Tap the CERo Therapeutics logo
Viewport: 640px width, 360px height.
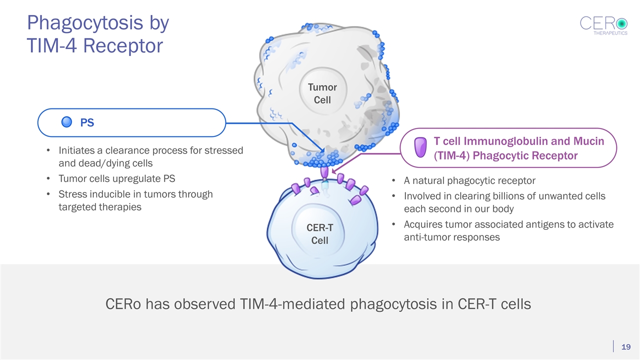(x=603, y=25)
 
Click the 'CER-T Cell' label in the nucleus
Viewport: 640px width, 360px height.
(x=320, y=234)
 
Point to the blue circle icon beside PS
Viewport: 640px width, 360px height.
(x=68, y=122)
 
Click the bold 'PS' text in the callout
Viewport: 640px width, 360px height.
(x=87, y=122)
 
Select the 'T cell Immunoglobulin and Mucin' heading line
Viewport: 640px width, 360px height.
(x=518, y=141)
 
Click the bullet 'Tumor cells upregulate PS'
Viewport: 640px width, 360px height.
(x=117, y=178)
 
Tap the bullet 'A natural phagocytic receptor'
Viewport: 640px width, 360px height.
(x=470, y=180)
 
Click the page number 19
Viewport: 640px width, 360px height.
(x=626, y=347)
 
